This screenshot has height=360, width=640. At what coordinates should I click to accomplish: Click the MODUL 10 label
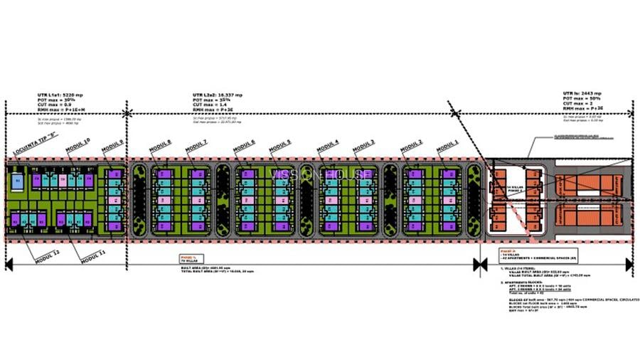click(x=78, y=150)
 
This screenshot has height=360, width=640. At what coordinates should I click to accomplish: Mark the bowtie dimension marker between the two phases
click(x=478, y=264)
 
